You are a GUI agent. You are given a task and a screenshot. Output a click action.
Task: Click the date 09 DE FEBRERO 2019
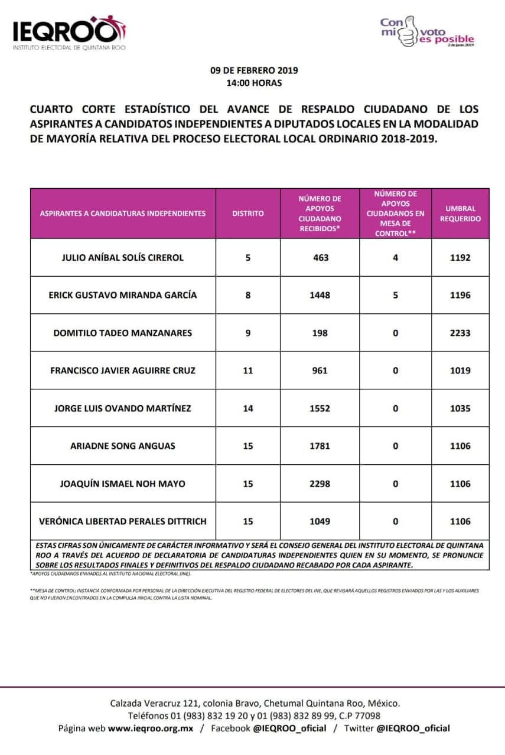coord(254,70)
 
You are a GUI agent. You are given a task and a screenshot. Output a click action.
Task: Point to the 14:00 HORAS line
coord(254,83)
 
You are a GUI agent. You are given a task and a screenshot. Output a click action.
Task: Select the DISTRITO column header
coord(248,214)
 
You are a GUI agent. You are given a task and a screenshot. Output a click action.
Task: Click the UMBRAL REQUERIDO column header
coord(460,214)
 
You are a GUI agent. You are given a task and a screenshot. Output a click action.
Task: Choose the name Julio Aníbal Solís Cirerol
coord(123,257)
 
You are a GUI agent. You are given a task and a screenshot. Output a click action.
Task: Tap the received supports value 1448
coord(320,295)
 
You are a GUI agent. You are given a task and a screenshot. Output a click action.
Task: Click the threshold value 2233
coord(460,333)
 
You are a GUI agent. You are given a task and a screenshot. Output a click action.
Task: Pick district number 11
coord(248,370)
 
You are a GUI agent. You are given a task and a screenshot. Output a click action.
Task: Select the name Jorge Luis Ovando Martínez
coord(123,408)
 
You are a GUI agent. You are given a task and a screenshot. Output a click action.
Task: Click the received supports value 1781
coord(320,446)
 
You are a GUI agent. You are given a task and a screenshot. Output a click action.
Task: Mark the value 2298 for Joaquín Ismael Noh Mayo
coord(320,484)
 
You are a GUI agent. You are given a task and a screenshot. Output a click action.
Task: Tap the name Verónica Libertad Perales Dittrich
coord(123,521)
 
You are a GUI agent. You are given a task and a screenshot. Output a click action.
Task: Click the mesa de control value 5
coord(395,295)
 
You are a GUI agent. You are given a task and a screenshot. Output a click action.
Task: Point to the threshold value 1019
coord(460,370)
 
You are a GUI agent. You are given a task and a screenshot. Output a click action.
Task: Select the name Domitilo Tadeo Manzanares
coord(123,333)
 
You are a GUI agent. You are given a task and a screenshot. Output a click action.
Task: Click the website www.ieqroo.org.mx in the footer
coord(151,728)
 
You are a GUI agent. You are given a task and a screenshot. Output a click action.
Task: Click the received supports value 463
coord(320,257)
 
